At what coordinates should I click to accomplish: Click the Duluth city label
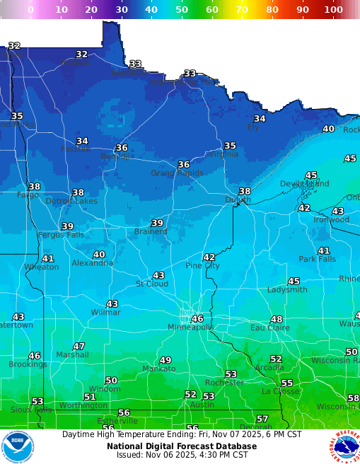(x=238, y=200)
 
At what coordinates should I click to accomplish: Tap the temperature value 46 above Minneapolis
(x=197, y=319)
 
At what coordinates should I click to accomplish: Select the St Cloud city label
(x=152, y=284)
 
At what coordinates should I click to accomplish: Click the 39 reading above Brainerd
(x=157, y=223)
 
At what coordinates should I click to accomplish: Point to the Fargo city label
(x=28, y=195)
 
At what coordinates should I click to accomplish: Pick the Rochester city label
(x=223, y=383)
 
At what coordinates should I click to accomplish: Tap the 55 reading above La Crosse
(x=287, y=383)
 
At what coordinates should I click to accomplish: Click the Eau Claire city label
(x=270, y=327)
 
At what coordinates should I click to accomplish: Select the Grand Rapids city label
(x=177, y=173)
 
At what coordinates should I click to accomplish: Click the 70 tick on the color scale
(x=242, y=10)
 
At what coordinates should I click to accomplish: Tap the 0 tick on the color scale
(x=30, y=10)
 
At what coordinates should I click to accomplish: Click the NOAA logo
(x=18, y=446)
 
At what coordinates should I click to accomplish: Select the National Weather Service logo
(x=344, y=446)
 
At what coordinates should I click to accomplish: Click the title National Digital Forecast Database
(x=182, y=446)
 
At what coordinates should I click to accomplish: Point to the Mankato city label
(x=159, y=369)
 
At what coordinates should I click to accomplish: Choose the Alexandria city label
(x=92, y=263)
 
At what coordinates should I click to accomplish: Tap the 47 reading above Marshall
(x=79, y=347)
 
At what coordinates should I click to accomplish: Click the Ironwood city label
(x=332, y=219)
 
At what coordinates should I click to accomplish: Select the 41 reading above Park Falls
(x=324, y=250)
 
